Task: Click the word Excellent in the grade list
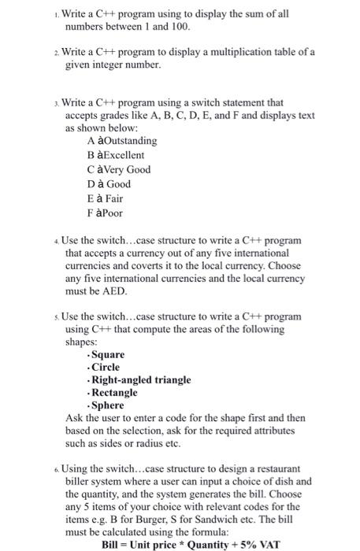[x=124, y=156]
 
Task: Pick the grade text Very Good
[x=128, y=170]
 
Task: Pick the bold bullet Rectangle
[x=115, y=392]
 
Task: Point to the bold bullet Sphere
[x=109, y=405]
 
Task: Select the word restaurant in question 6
[x=285, y=468]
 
